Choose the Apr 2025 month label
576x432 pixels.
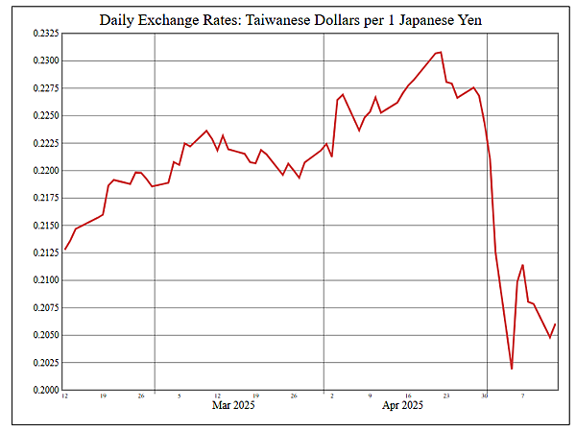coord(402,406)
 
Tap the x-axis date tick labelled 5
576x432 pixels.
coord(180,396)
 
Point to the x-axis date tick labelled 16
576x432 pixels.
coord(408,396)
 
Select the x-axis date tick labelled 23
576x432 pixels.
coord(446,396)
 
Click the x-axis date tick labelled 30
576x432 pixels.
coord(485,396)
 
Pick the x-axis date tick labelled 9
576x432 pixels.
coord(370,396)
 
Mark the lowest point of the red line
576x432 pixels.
coord(512,369)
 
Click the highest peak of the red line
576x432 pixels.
coord(441,52)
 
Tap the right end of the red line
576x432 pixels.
coord(555,324)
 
